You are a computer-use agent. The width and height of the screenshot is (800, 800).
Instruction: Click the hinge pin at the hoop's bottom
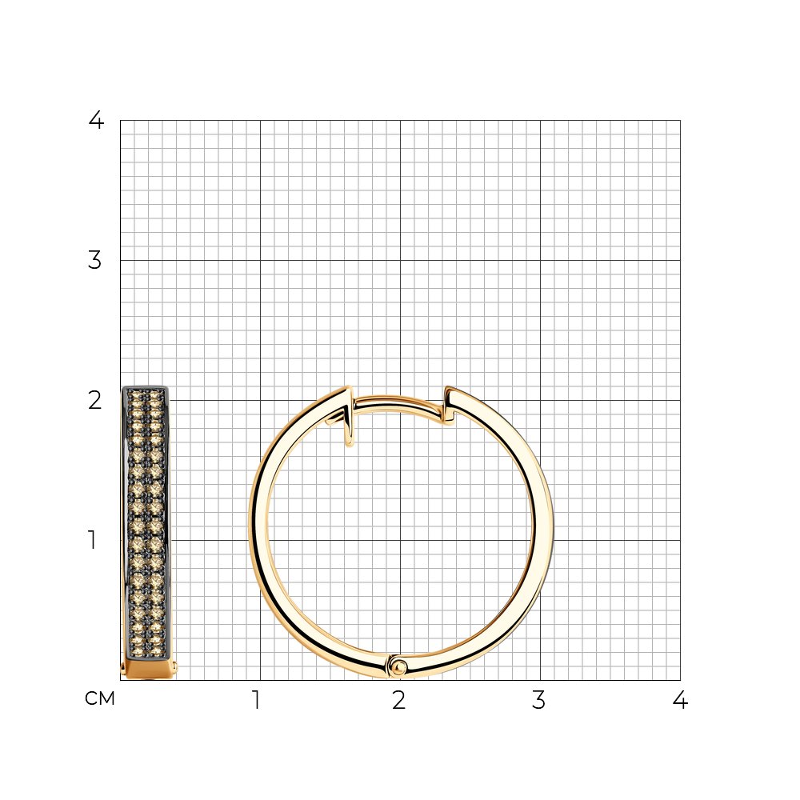click(398, 666)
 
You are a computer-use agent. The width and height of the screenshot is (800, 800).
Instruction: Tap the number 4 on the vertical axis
click(96, 120)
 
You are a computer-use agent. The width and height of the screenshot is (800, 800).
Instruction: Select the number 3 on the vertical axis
click(95, 260)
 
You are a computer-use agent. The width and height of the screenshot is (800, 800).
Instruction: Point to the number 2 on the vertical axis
click(95, 401)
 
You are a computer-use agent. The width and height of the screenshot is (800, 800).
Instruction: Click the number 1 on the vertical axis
click(92, 540)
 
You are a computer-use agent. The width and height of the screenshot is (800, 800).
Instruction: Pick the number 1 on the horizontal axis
click(257, 700)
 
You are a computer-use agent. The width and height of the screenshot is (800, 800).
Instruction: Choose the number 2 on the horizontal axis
click(399, 700)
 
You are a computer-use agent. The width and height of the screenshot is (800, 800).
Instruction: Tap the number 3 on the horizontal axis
click(538, 700)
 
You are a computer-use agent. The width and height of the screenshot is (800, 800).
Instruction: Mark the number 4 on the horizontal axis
click(680, 700)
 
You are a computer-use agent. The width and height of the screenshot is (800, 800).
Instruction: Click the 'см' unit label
click(100, 698)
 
